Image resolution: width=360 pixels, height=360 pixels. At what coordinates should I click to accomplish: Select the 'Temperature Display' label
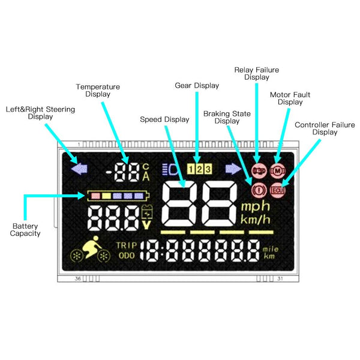[98, 90]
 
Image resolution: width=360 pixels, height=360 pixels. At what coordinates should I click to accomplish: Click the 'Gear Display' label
[197, 86]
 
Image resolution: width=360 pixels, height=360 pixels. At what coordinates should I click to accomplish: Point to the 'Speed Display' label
[164, 119]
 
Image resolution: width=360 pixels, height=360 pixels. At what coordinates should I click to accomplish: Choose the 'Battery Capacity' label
[25, 229]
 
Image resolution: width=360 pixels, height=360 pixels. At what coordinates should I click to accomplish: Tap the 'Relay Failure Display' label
[257, 73]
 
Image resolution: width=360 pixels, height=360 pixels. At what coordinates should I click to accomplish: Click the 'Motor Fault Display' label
[290, 98]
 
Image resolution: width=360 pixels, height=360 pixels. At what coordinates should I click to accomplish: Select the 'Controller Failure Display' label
[316, 128]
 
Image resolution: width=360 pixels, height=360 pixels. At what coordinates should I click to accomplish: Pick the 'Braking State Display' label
[227, 117]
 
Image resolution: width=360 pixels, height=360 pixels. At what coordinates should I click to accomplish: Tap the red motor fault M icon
[277, 171]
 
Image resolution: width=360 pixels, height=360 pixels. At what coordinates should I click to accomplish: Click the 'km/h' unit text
[257, 219]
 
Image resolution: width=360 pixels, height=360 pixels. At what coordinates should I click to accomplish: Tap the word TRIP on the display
[126, 245]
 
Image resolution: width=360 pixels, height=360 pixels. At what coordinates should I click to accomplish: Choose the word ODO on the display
[126, 256]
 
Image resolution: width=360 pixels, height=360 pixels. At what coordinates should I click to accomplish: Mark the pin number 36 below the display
[78, 279]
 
